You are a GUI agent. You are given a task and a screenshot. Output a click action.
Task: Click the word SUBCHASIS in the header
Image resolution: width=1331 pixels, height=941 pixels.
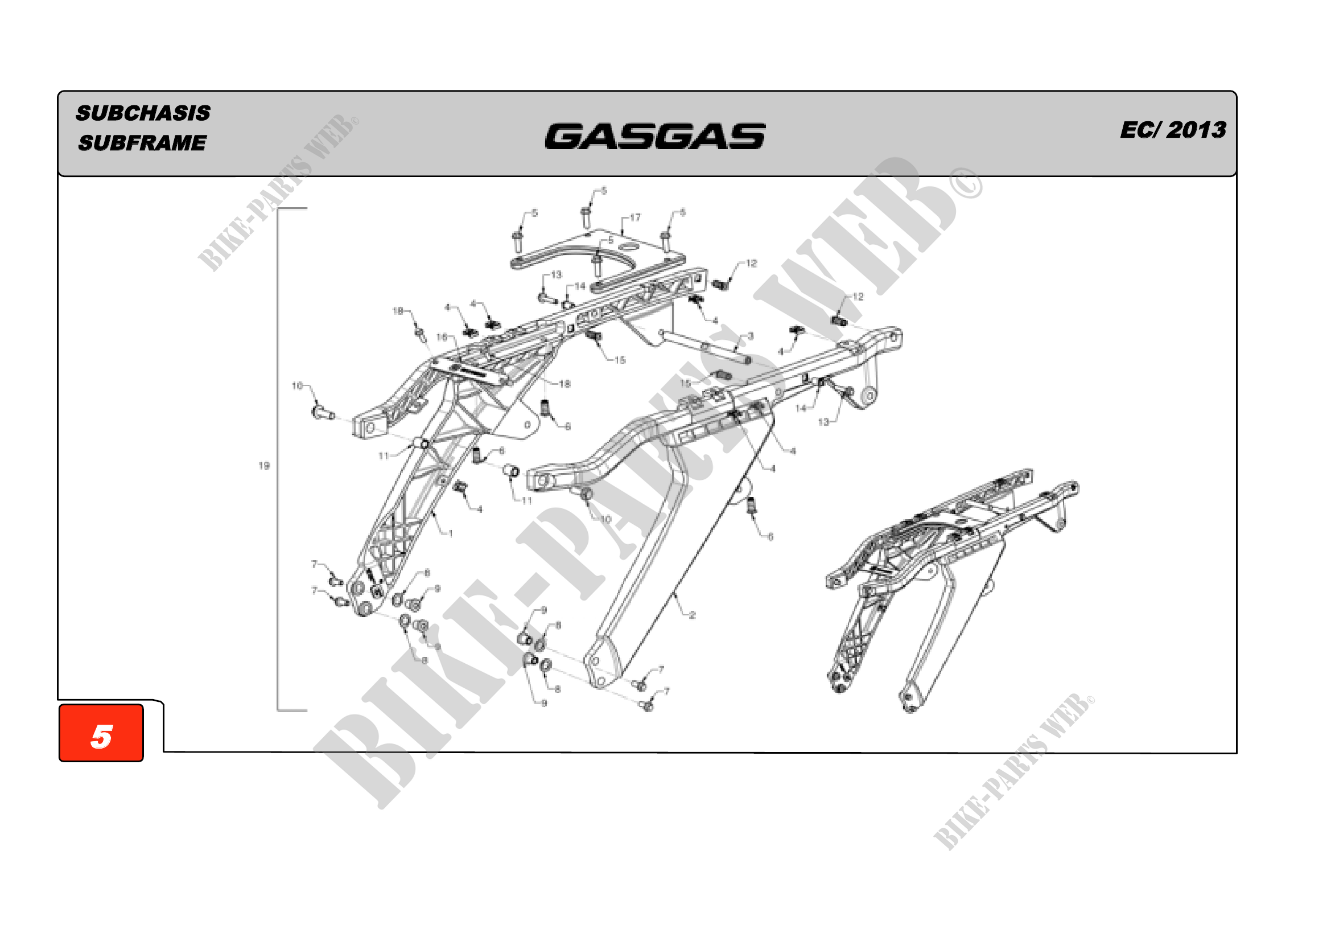click(143, 113)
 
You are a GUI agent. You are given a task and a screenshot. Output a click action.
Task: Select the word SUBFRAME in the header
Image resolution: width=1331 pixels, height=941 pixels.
click(143, 143)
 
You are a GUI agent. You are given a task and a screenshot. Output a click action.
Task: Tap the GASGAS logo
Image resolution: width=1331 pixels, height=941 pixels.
click(655, 136)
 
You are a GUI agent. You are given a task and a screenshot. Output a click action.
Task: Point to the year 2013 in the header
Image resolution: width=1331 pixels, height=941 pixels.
click(1197, 130)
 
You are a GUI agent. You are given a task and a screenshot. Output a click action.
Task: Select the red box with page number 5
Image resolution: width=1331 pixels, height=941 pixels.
click(101, 733)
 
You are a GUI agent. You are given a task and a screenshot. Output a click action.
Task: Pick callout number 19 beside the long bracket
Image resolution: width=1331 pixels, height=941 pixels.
click(265, 466)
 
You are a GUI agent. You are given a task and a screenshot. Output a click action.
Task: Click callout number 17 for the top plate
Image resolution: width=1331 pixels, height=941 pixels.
click(636, 217)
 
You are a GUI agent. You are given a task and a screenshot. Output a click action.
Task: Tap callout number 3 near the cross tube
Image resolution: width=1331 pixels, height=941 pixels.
click(751, 336)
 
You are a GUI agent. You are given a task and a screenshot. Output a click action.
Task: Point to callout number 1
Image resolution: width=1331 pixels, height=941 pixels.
click(451, 533)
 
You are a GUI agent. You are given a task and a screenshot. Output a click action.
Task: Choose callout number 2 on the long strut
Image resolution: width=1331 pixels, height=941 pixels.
click(692, 615)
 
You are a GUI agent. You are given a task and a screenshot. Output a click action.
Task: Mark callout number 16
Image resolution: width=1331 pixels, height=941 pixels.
click(442, 337)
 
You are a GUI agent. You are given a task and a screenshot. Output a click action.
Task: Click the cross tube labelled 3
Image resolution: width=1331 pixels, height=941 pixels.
click(704, 346)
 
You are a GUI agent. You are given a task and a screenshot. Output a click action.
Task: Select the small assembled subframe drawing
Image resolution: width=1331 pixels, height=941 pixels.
click(951, 586)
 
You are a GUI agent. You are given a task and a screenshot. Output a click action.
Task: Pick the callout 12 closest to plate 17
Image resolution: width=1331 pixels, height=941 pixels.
click(751, 263)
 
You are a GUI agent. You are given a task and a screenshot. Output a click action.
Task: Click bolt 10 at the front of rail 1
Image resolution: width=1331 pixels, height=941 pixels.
click(322, 413)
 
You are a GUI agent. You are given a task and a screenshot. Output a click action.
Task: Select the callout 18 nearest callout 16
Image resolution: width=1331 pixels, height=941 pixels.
click(398, 311)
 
